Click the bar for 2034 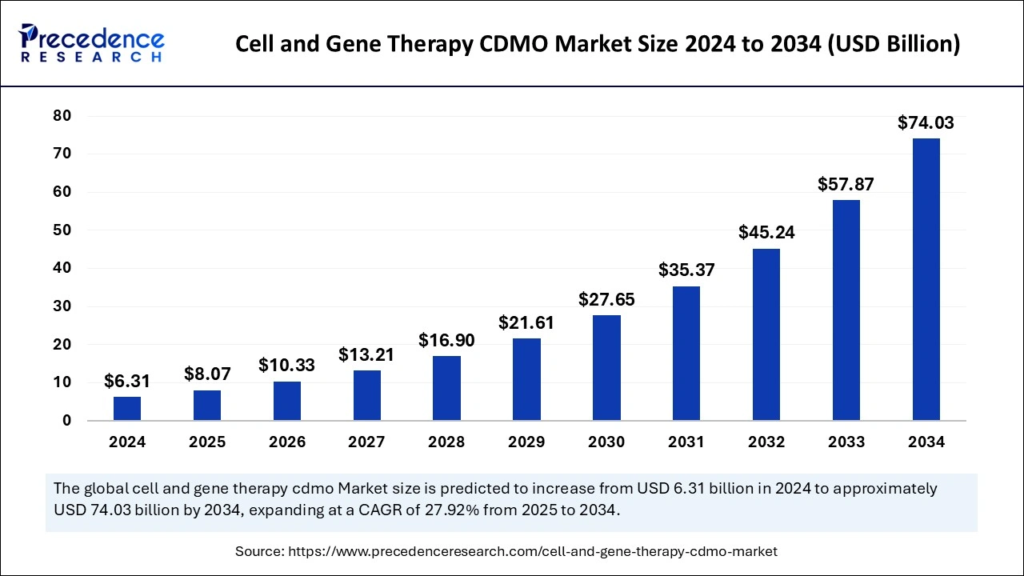click(x=926, y=279)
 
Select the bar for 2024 click(x=127, y=408)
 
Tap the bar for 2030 click(x=606, y=367)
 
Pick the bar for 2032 click(x=766, y=334)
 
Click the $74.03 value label click(x=926, y=123)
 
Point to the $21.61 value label click(x=526, y=323)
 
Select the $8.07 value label click(x=207, y=374)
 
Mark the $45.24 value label click(x=766, y=233)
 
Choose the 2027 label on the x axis click(x=366, y=442)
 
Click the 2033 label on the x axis click(x=846, y=442)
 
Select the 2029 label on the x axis click(x=526, y=442)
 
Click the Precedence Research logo click(x=93, y=43)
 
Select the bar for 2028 click(x=446, y=388)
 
